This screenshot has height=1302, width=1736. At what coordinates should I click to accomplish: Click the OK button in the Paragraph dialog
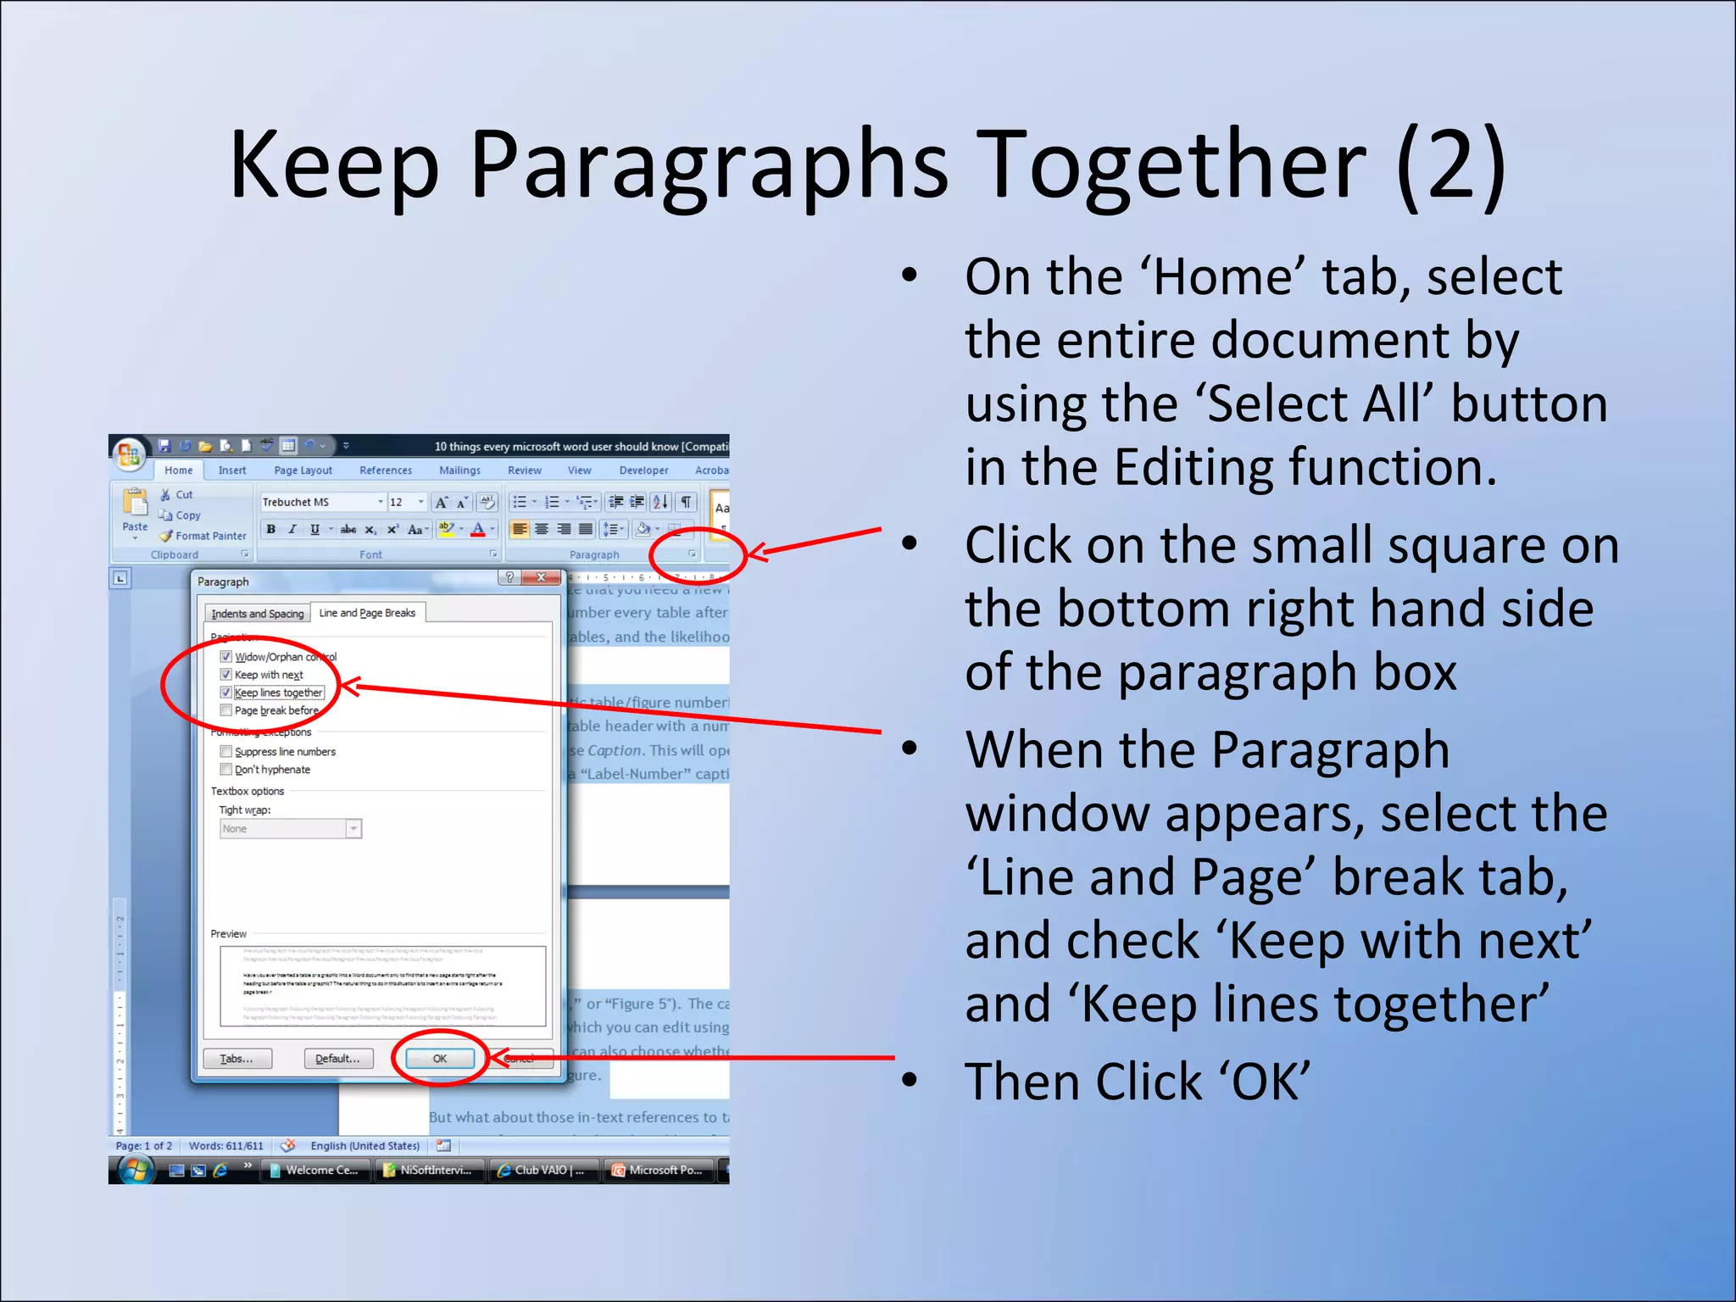pos(439,1059)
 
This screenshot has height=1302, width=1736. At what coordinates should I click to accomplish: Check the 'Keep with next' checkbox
pos(226,675)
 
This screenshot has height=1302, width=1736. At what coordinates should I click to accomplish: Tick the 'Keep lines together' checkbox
pos(226,693)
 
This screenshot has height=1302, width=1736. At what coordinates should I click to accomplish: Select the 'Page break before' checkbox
pos(226,710)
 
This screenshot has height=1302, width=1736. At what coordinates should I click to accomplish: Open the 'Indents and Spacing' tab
pos(257,614)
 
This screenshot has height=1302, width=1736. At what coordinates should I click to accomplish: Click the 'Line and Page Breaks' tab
pos(367,613)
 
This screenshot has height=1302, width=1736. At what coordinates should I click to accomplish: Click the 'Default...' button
pos(337,1059)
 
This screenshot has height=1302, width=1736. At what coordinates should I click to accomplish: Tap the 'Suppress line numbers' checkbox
pos(226,752)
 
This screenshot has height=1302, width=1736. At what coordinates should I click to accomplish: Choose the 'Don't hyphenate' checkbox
pos(226,770)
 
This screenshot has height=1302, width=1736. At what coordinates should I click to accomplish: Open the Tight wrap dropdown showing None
pos(353,829)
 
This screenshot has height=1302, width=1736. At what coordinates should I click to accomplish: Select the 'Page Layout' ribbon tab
pos(303,470)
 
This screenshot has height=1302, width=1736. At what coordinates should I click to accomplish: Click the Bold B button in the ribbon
pos(270,530)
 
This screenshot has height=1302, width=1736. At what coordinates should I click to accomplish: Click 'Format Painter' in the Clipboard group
pos(209,536)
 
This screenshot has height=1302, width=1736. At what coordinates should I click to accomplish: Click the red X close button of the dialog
pos(540,577)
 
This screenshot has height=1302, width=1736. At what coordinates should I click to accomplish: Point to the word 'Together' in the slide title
pos(1175,165)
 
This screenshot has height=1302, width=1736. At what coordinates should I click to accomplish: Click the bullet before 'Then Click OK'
pos(910,1080)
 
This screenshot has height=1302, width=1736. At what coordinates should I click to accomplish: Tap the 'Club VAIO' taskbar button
pos(542,1170)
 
